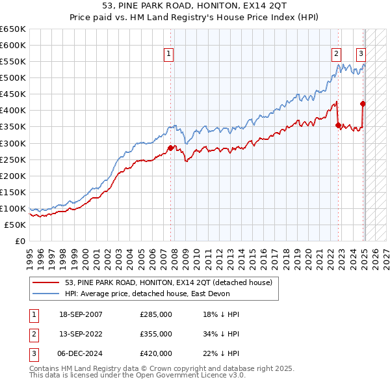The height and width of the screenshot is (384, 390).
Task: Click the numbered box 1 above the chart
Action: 168,54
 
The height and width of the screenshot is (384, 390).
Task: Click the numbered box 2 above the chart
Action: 336,54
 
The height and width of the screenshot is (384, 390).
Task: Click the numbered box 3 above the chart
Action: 361,54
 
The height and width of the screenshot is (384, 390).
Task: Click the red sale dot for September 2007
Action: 171,148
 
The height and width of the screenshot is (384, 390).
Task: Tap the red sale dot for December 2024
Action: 363,103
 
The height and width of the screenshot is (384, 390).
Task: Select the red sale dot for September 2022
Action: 338,125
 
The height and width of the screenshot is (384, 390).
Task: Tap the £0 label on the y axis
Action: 20,241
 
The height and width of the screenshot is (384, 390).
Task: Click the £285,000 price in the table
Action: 156,314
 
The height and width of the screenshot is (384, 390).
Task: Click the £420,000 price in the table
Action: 156,353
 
